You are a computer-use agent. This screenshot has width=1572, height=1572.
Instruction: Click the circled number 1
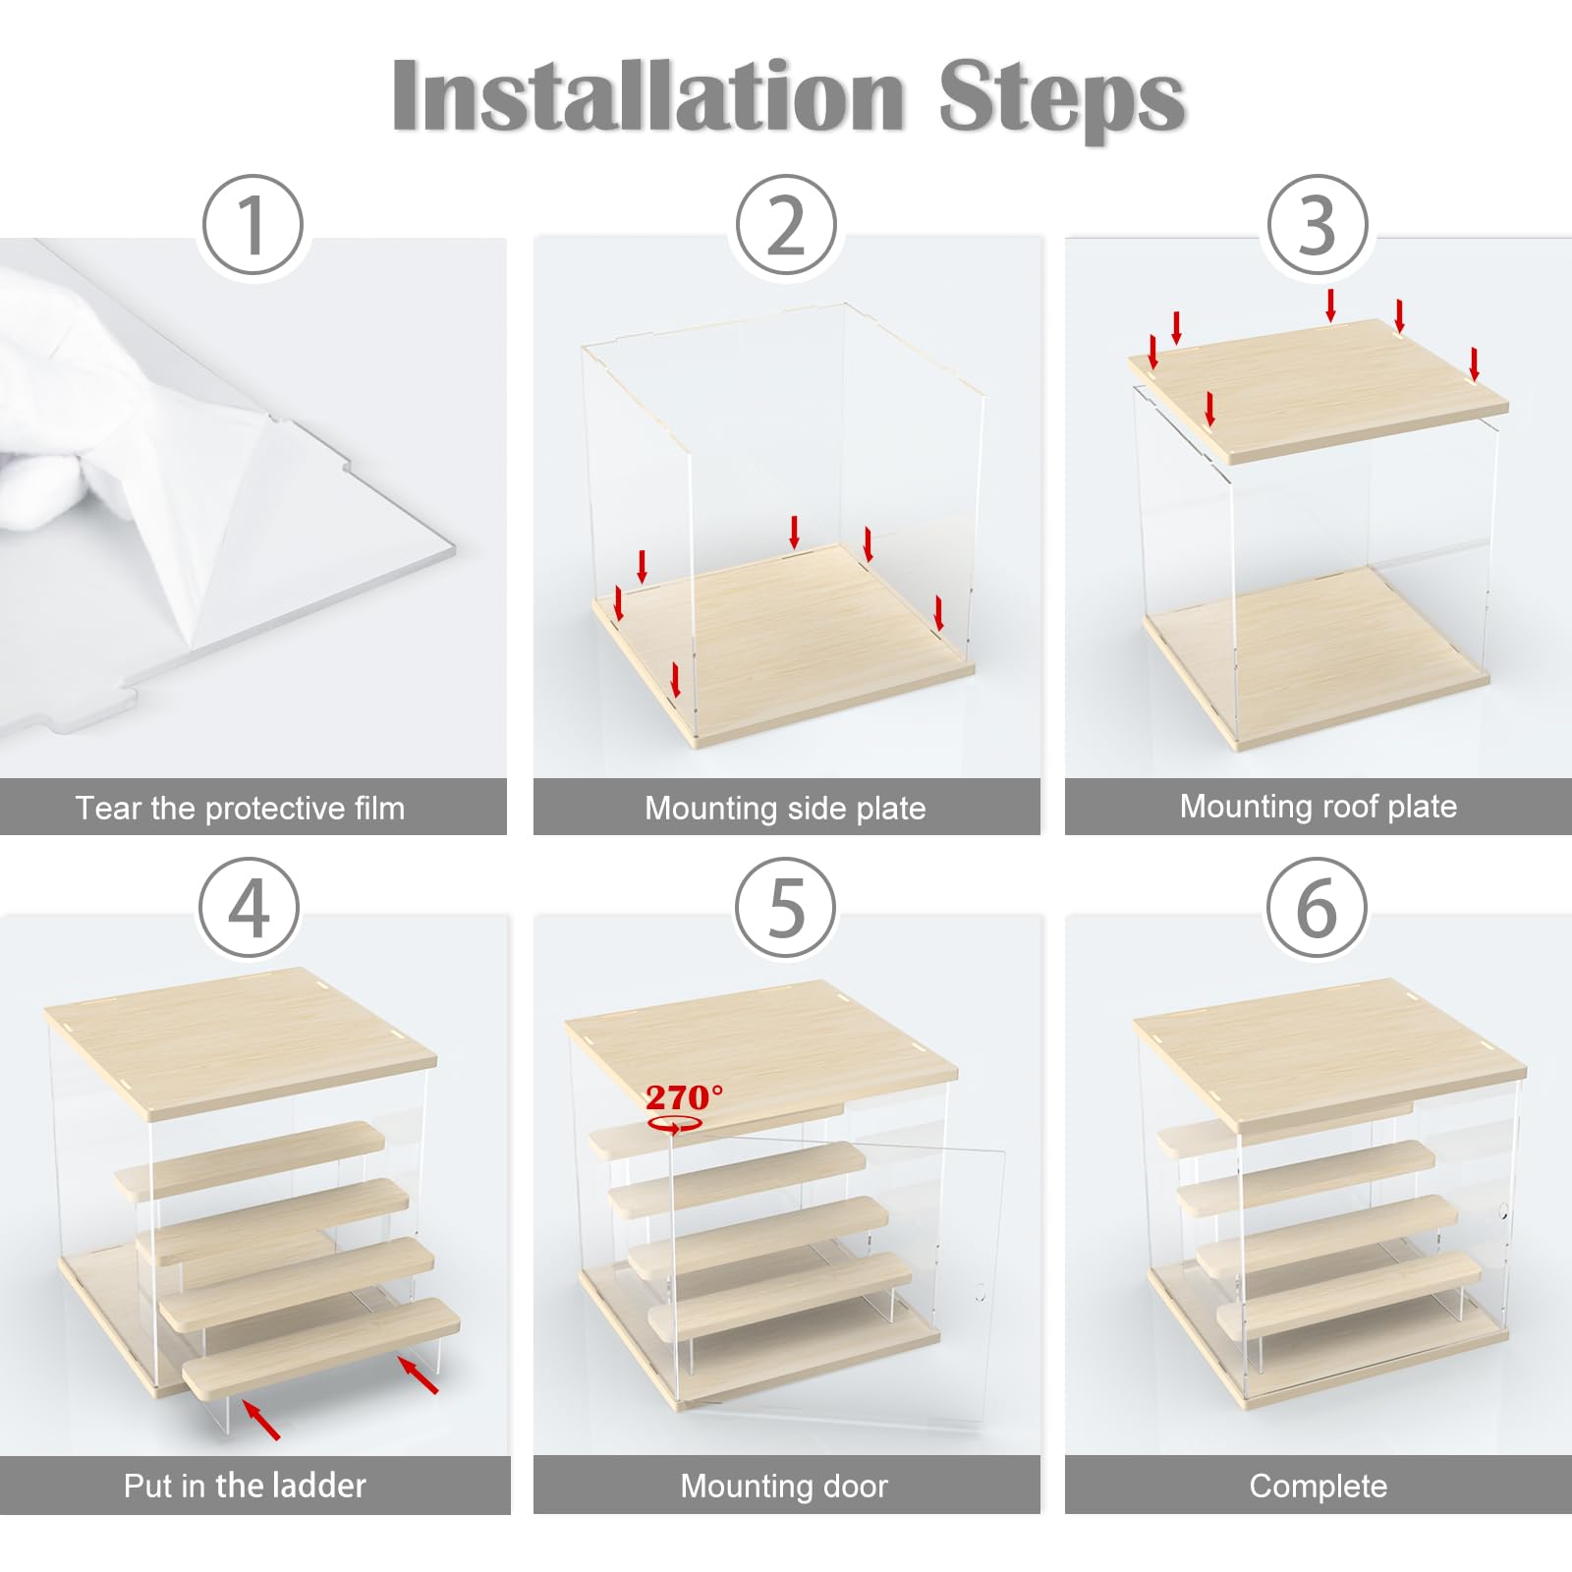click(x=253, y=224)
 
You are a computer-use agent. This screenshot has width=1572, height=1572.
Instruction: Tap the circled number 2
click(x=786, y=224)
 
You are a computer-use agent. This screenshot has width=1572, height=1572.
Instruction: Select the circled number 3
click(x=1318, y=224)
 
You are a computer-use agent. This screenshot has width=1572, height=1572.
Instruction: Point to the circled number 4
click(x=249, y=908)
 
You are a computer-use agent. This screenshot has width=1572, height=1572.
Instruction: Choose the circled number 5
click(x=786, y=908)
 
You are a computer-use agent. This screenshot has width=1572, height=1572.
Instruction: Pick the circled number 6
click(x=1317, y=908)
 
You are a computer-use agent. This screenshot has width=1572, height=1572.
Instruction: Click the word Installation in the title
click(x=648, y=95)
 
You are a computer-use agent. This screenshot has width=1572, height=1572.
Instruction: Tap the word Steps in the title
click(x=1062, y=98)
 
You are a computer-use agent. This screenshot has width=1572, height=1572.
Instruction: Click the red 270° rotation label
click(x=684, y=1097)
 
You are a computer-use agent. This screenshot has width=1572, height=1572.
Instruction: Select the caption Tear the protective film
click(x=241, y=808)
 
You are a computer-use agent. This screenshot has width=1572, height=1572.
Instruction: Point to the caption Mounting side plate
click(x=785, y=808)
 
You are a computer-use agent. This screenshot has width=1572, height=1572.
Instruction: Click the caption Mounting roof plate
click(x=1319, y=807)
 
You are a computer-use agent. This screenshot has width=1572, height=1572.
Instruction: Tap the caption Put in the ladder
click(x=245, y=1485)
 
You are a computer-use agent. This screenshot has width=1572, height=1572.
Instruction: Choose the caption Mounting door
click(x=784, y=1486)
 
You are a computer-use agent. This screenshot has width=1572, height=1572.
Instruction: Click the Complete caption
click(x=1319, y=1486)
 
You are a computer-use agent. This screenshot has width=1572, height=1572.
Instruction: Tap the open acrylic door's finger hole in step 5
click(x=980, y=1292)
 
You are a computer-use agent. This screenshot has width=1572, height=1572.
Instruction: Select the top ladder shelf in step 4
click(x=251, y=1159)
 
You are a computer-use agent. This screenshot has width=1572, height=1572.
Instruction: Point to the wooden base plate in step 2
click(x=783, y=644)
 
